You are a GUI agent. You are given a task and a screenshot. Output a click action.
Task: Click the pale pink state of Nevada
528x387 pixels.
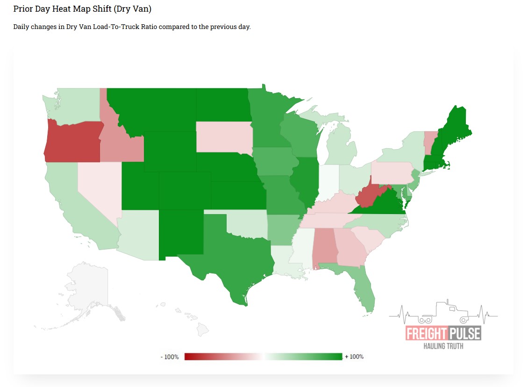(x=98, y=187)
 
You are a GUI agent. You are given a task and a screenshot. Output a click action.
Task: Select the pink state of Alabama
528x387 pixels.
(x=325, y=247)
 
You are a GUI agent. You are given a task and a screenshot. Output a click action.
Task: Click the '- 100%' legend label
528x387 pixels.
(x=170, y=357)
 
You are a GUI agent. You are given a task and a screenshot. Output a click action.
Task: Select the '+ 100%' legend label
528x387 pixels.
(x=354, y=357)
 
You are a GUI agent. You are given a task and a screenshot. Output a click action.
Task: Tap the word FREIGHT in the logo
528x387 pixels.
(x=426, y=334)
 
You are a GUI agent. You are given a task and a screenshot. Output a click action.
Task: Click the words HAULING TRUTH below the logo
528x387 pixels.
(x=443, y=346)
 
